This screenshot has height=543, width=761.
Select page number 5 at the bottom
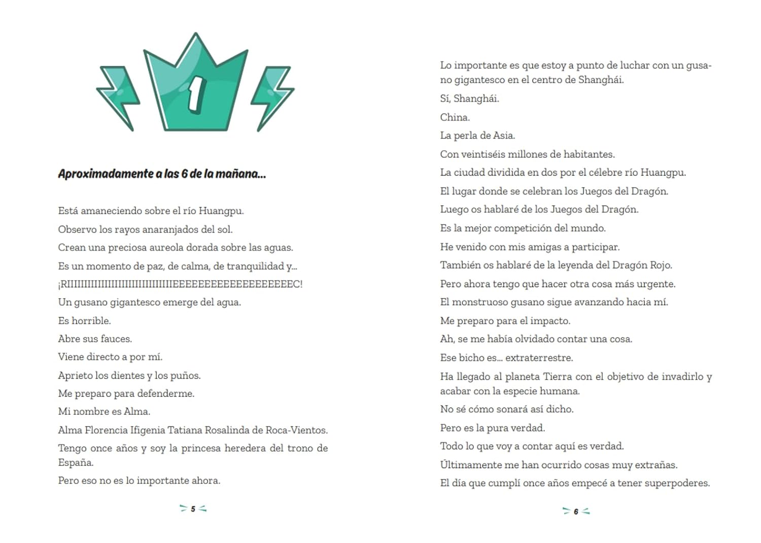pos(193,509)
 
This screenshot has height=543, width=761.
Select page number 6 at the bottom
pos(576,512)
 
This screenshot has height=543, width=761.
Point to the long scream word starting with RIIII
pos(181,284)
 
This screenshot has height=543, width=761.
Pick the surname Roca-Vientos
pos(297,430)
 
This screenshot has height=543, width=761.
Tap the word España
pos(75,462)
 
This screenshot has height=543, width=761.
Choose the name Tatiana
pos(185,430)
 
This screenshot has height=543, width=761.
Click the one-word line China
pos(455,117)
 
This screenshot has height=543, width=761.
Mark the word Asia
pos(503,135)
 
